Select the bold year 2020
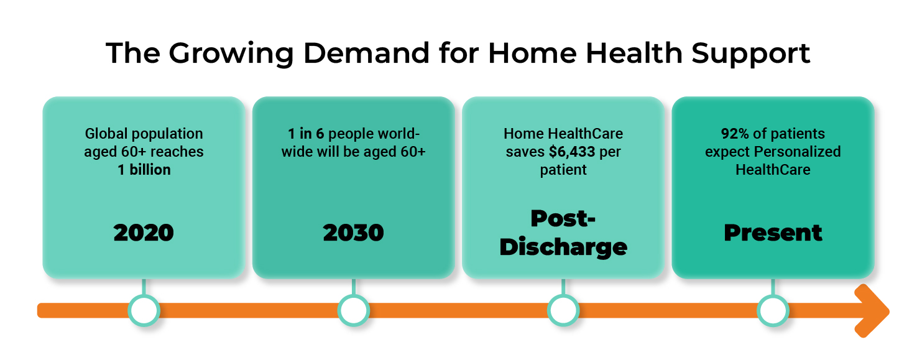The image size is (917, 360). point(144,233)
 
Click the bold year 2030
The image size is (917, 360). point(353,233)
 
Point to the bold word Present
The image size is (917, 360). point(773,233)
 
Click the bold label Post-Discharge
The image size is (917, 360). point(563,233)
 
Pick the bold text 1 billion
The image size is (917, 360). point(144,170)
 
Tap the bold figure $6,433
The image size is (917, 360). point(571,152)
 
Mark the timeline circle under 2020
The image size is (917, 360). point(144,310)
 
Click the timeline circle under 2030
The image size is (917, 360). point(353,310)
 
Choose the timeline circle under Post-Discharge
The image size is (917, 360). point(563,310)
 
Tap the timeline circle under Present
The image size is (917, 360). point(773,310)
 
